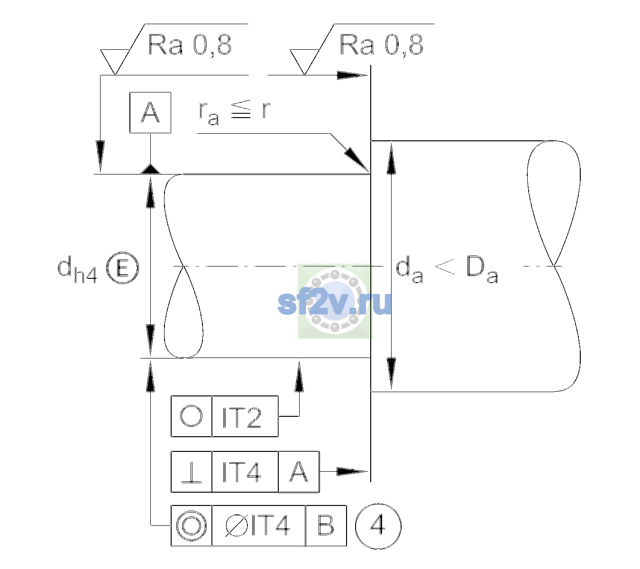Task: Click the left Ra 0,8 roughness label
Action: pyautogui.click(x=190, y=45)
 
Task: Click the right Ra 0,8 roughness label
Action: pyautogui.click(x=381, y=45)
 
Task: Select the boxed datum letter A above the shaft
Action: pyautogui.click(x=150, y=112)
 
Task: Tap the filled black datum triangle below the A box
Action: pyautogui.click(x=150, y=169)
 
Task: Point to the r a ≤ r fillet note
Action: pyautogui.click(x=234, y=112)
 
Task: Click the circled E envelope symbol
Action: pyautogui.click(x=122, y=268)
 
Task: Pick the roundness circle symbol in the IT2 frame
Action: pyautogui.click(x=191, y=416)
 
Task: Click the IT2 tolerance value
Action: pyautogui.click(x=242, y=417)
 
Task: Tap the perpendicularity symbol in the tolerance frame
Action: pyautogui.click(x=191, y=472)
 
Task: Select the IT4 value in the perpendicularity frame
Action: pyautogui.click(x=242, y=472)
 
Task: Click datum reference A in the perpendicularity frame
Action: pyautogui.click(x=299, y=472)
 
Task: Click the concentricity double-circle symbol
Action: pyautogui.click(x=191, y=526)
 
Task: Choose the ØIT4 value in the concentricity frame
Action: pyautogui.click(x=257, y=526)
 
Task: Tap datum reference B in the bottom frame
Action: pyautogui.click(x=326, y=525)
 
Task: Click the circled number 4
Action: pyautogui.click(x=378, y=526)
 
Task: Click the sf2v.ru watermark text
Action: pyautogui.click(x=335, y=303)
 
